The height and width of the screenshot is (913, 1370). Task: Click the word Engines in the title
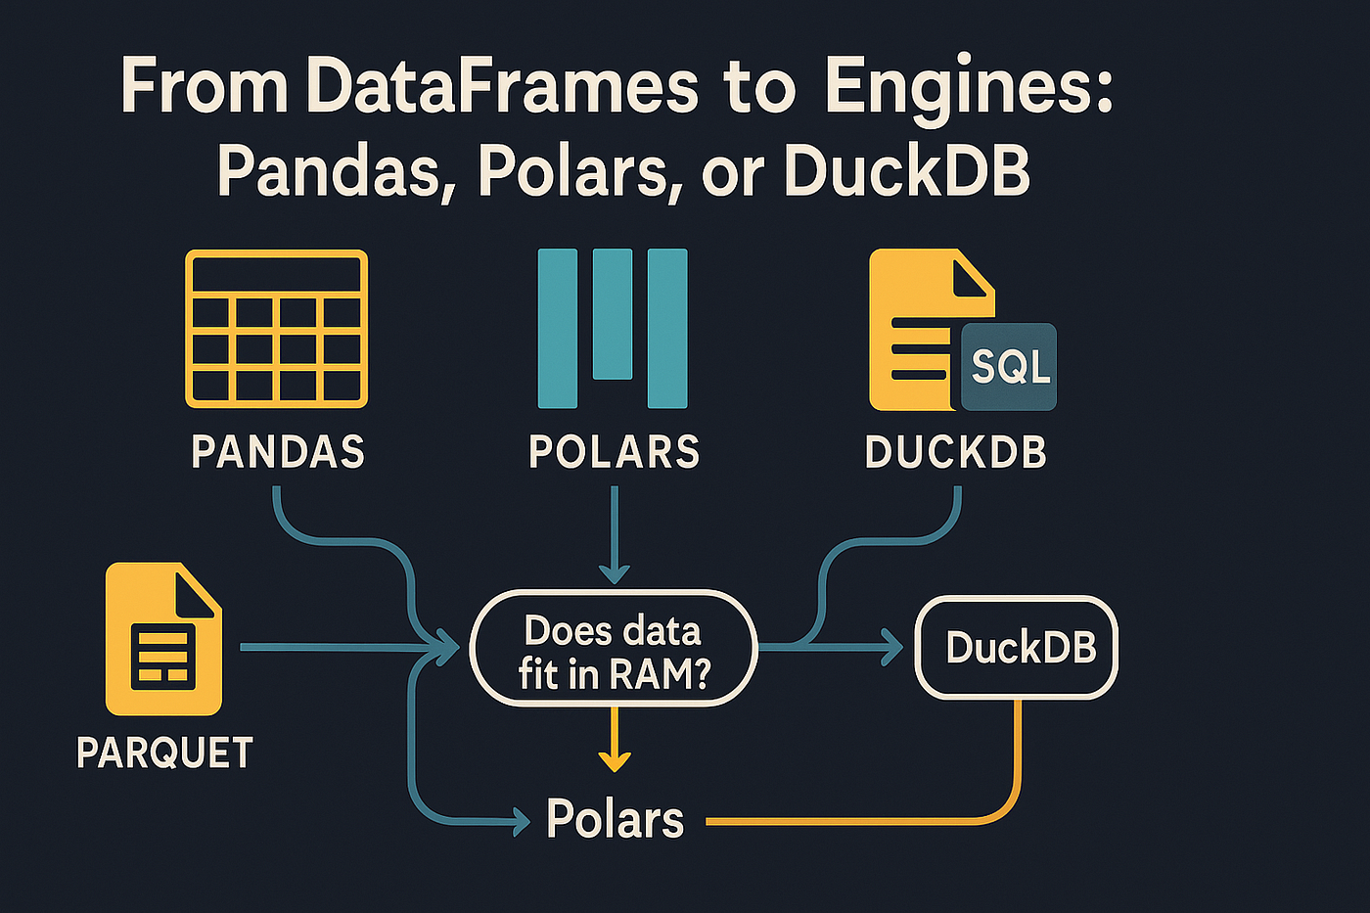pos(969,88)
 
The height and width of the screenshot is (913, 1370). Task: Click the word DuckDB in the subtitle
pos(906,172)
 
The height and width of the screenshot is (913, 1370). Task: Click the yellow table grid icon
pos(277,329)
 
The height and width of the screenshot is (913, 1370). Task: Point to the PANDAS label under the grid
pos(278,452)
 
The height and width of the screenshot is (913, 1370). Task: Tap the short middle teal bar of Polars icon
pos(613,313)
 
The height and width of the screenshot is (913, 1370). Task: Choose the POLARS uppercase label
pos(615,452)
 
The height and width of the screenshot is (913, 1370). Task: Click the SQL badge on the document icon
pos(1010,367)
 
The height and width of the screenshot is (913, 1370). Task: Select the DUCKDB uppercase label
pos(956,452)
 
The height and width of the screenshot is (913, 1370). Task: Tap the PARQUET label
pos(164,753)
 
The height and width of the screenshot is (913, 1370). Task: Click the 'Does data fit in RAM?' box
pos(614,648)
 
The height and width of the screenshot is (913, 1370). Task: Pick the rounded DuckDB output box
pos(1017,648)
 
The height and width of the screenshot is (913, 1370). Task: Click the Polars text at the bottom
pos(615,819)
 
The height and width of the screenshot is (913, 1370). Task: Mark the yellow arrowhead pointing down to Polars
pos(614,759)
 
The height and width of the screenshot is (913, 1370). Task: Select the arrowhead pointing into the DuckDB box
pos(892,647)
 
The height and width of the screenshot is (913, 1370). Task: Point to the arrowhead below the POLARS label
pos(614,571)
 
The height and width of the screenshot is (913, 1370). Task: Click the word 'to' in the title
pos(760,88)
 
